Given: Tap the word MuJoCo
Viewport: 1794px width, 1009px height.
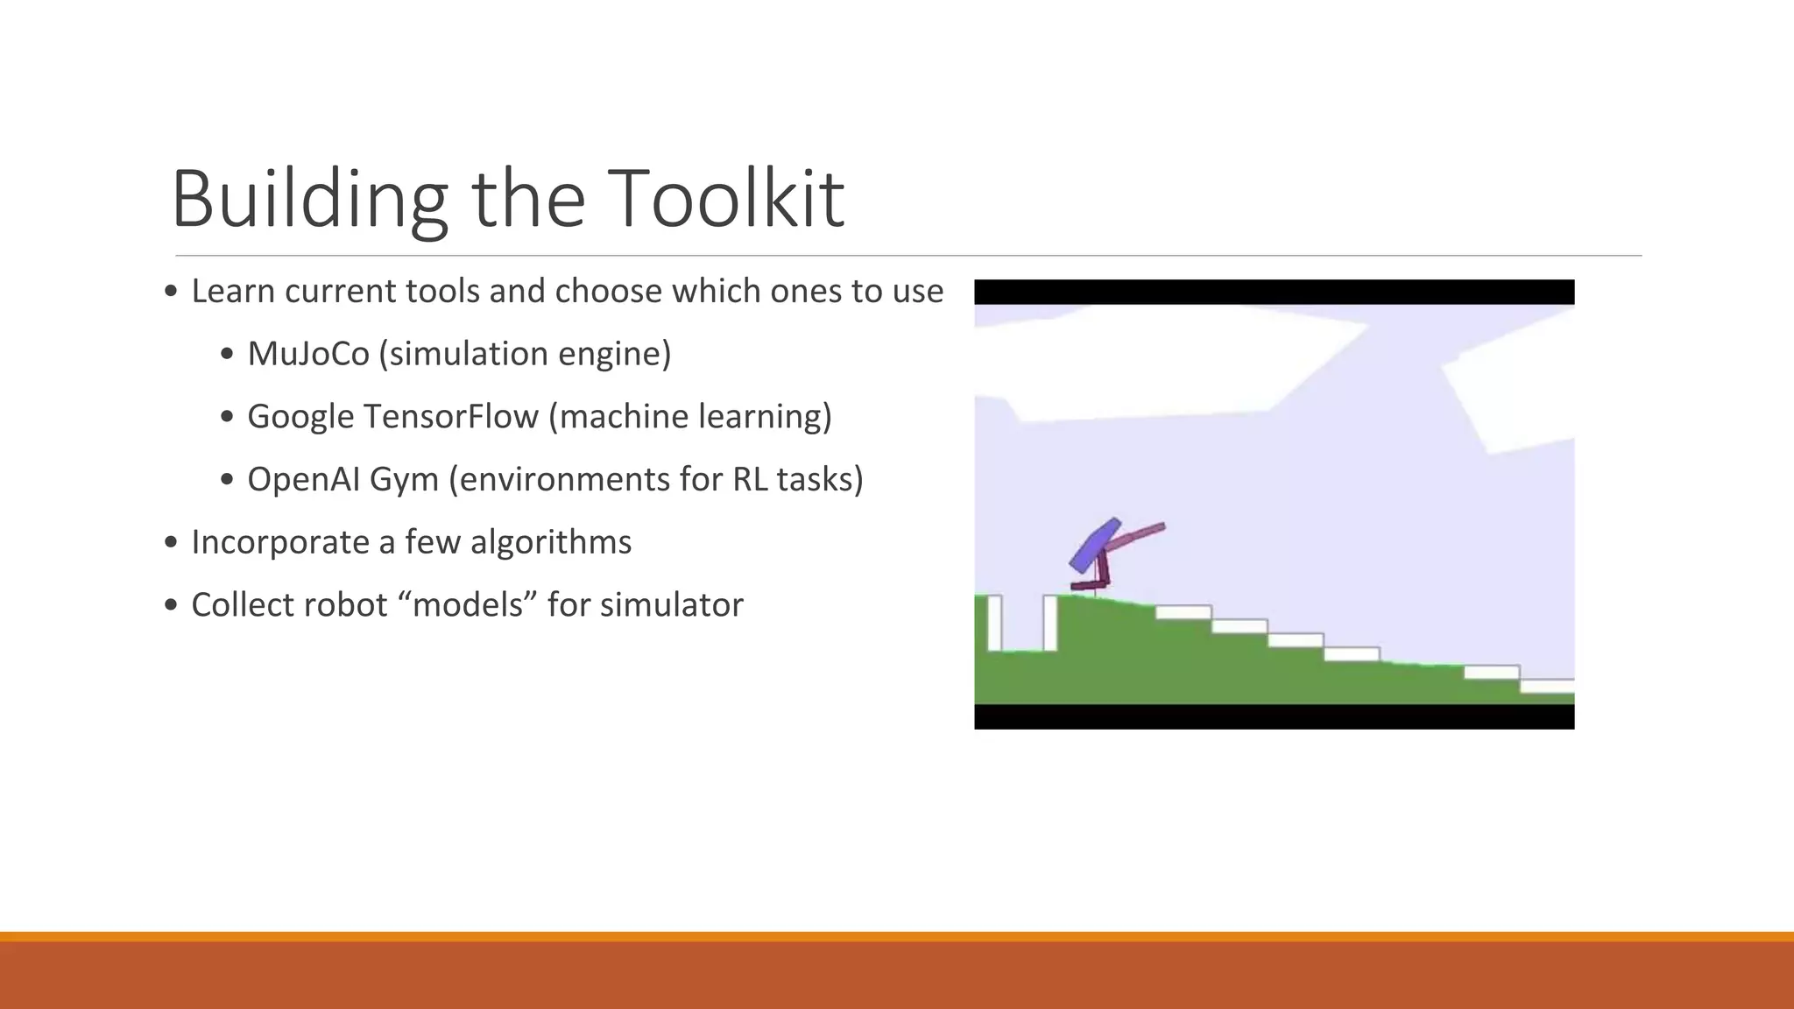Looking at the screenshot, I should pyautogui.click(x=308, y=354).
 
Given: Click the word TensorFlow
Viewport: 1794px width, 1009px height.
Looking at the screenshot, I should pyautogui.click(x=450, y=417).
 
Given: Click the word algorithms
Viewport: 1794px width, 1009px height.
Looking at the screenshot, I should pyautogui.click(x=551, y=542).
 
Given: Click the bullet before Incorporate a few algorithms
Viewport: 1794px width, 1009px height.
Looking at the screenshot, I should pyautogui.click(x=172, y=543).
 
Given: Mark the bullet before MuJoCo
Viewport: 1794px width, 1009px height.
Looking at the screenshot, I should pyautogui.click(x=228, y=355).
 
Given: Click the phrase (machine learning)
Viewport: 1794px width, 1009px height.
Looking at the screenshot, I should pyautogui.click(x=690, y=417).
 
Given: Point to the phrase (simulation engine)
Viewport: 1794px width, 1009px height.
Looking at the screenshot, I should pyautogui.click(x=526, y=354).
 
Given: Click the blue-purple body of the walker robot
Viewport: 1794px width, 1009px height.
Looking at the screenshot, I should pyautogui.click(x=1094, y=545).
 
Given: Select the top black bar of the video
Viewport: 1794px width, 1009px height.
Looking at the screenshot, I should pyautogui.click(x=1274, y=292).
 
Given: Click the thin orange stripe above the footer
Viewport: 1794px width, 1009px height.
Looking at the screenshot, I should pyautogui.click(x=897, y=936).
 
